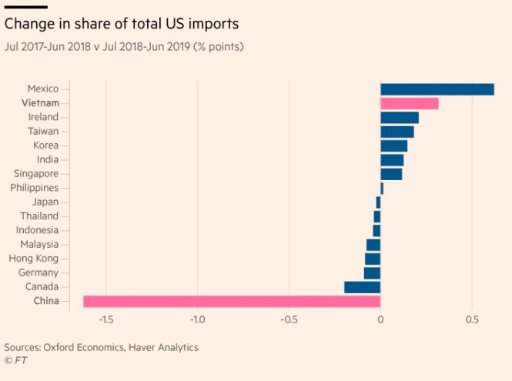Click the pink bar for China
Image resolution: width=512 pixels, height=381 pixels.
click(232, 301)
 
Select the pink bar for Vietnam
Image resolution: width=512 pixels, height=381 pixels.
click(409, 103)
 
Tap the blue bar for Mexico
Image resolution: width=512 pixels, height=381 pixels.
click(437, 89)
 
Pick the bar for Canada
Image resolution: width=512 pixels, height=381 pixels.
click(362, 287)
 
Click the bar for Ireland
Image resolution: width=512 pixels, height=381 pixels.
click(399, 117)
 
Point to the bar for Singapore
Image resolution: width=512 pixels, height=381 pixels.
click(390, 174)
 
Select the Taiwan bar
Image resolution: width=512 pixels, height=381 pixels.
click(397, 132)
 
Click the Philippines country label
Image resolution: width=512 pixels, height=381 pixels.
click(34, 188)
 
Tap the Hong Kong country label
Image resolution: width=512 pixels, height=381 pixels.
click(33, 259)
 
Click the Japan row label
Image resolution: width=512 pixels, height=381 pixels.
click(45, 202)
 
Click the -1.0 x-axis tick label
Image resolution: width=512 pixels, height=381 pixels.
click(197, 320)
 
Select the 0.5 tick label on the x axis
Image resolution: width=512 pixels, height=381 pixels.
click(471, 320)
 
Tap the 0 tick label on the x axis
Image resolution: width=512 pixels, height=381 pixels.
click(380, 320)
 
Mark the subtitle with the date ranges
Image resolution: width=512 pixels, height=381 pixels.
click(124, 48)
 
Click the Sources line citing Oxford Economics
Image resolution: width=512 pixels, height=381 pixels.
click(101, 347)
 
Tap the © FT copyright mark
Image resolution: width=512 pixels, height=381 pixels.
click(15, 360)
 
